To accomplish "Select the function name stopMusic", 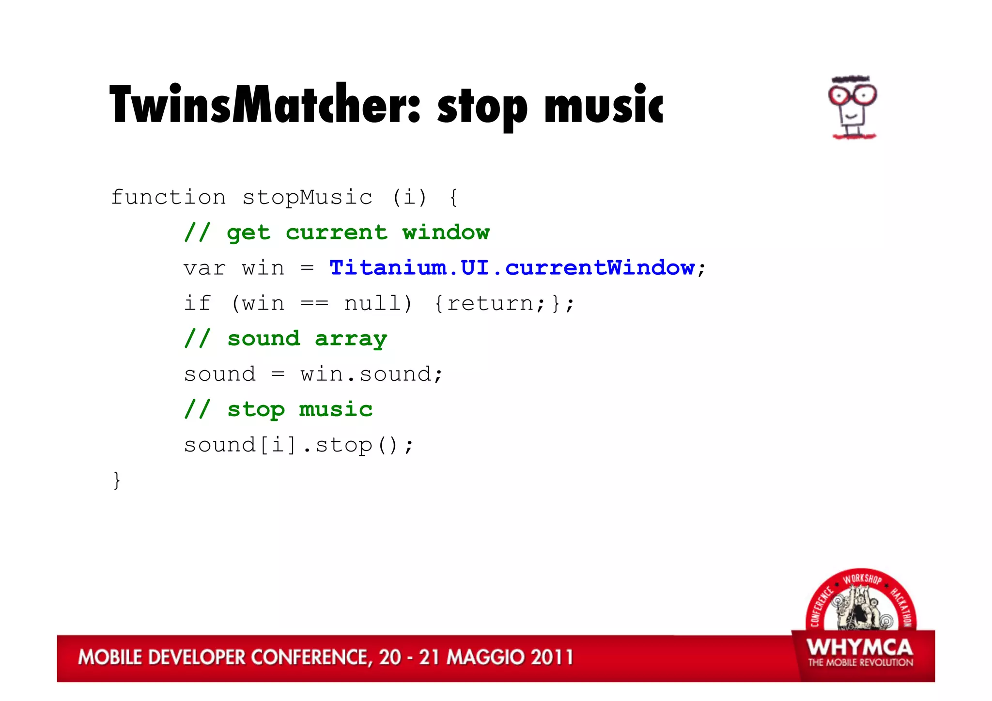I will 307,198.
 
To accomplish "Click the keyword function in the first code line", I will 168,198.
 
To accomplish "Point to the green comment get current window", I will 337,233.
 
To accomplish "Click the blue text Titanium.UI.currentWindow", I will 512,268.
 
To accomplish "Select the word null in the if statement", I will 372,304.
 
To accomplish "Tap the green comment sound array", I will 286,339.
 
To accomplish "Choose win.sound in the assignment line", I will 371,374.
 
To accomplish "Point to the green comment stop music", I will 279,410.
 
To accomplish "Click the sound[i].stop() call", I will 298,445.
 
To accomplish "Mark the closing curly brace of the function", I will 117,480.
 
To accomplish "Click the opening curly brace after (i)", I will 453,198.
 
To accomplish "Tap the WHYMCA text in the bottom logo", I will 860,648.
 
